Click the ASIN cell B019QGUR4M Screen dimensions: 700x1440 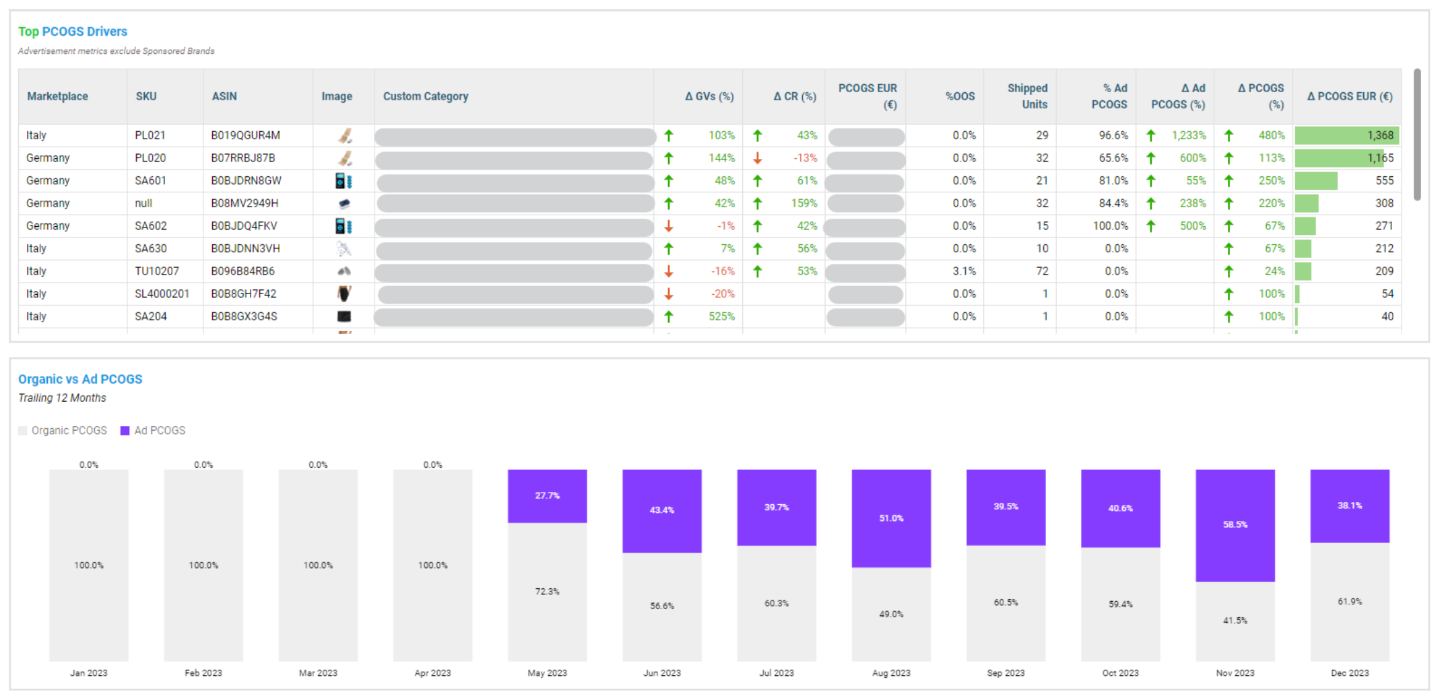coord(245,135)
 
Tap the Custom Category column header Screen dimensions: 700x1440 coord(425,96)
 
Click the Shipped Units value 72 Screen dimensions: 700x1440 coord(1042,271)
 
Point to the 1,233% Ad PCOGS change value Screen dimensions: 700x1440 coord(1188,135)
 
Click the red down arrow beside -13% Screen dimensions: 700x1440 coord(758,158)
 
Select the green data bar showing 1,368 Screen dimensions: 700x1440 coord(1346,135)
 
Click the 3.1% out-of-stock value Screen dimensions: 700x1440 coord(964,271)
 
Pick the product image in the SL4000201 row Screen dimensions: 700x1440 coord(344,293)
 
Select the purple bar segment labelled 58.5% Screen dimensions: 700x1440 coord(1235,525)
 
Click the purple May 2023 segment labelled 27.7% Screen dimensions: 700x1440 coord(547,496)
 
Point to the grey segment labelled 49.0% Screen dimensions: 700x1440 coord(890,614)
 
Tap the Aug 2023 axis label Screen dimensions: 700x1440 coord(890,673)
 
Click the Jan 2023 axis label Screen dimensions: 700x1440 coord(89,673)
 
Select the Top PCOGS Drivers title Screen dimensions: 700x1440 coord(73,32)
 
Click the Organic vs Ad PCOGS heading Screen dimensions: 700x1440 coord(80,379)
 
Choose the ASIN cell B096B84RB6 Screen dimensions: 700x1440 coord(242,271)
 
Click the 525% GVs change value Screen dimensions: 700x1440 coord(721,316)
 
